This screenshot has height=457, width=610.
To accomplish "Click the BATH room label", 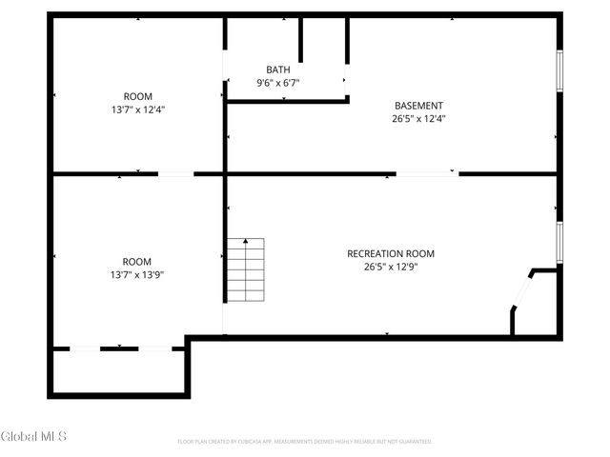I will coord(278,70).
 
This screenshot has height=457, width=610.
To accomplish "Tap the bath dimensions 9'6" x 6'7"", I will coord(278,83).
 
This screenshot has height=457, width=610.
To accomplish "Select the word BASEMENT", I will coord(419,105).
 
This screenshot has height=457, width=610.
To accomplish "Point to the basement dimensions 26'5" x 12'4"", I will coord(419,119).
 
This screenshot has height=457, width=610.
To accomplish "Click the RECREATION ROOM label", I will coord(391,253).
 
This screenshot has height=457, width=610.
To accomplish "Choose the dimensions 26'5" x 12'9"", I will coord(391,267).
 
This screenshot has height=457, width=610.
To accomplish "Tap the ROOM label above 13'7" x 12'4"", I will coord(138,96).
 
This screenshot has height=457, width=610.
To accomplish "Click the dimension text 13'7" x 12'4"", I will coord(138,109).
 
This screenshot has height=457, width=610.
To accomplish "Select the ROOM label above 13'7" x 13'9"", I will coord(137,262).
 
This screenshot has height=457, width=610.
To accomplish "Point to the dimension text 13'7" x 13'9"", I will coord(137,275).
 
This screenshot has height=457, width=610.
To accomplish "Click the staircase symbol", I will coord(245,269).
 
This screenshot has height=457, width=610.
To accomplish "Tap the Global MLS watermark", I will coord(28,437).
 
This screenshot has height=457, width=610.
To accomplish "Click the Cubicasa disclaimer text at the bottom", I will coord(305,442).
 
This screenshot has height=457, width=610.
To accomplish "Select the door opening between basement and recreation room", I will coord(426,173).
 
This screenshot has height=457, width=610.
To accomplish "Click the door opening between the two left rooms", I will coord(174,173).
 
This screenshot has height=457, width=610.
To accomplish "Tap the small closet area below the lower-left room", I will coord(119,372).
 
